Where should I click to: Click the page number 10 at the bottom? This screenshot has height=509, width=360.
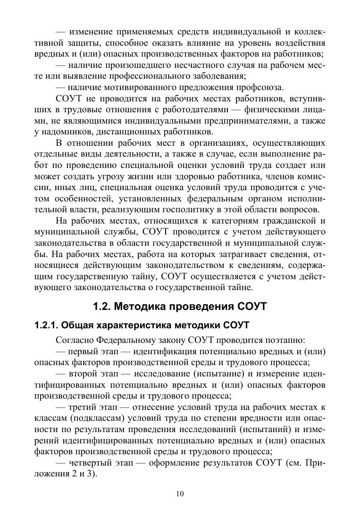180,494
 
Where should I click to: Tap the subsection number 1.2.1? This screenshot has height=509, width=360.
47,325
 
